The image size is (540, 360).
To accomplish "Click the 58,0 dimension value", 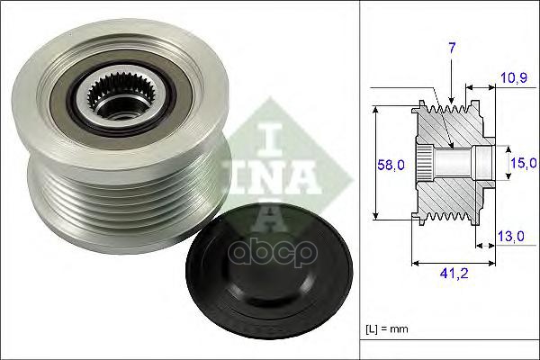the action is click(x=391, y=165).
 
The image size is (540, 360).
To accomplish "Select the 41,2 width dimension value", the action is click(x=454, y=274).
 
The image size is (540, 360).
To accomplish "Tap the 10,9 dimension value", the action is click(x=514, y=78).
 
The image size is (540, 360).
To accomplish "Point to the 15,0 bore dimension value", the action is click(x=524, y=163).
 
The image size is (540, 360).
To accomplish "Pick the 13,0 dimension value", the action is click(x=511, y=237).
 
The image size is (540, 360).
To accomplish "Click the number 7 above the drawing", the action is click(x=452, y=49).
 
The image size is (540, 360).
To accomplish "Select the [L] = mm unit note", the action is click(x=387, y=329).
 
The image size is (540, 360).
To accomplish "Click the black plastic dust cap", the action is click(x=269, y=272).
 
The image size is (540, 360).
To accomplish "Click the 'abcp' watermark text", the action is click(x=273, y=252).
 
